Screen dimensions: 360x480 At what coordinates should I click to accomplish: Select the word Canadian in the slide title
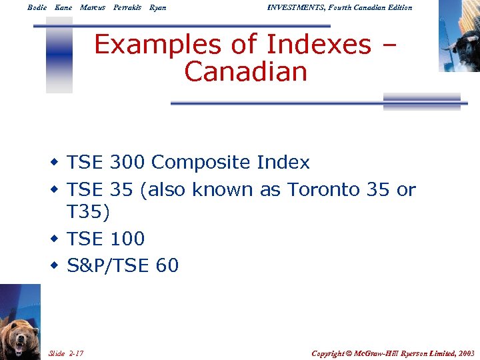(x=245, y=71)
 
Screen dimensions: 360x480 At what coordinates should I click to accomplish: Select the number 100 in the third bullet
(x=127, y=239)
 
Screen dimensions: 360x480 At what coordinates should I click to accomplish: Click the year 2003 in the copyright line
(x=465, y=353)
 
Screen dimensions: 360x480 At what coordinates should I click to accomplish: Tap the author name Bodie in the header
(x=37, y=7)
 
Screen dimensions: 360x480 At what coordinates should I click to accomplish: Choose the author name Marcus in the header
(x=93, y=7)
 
